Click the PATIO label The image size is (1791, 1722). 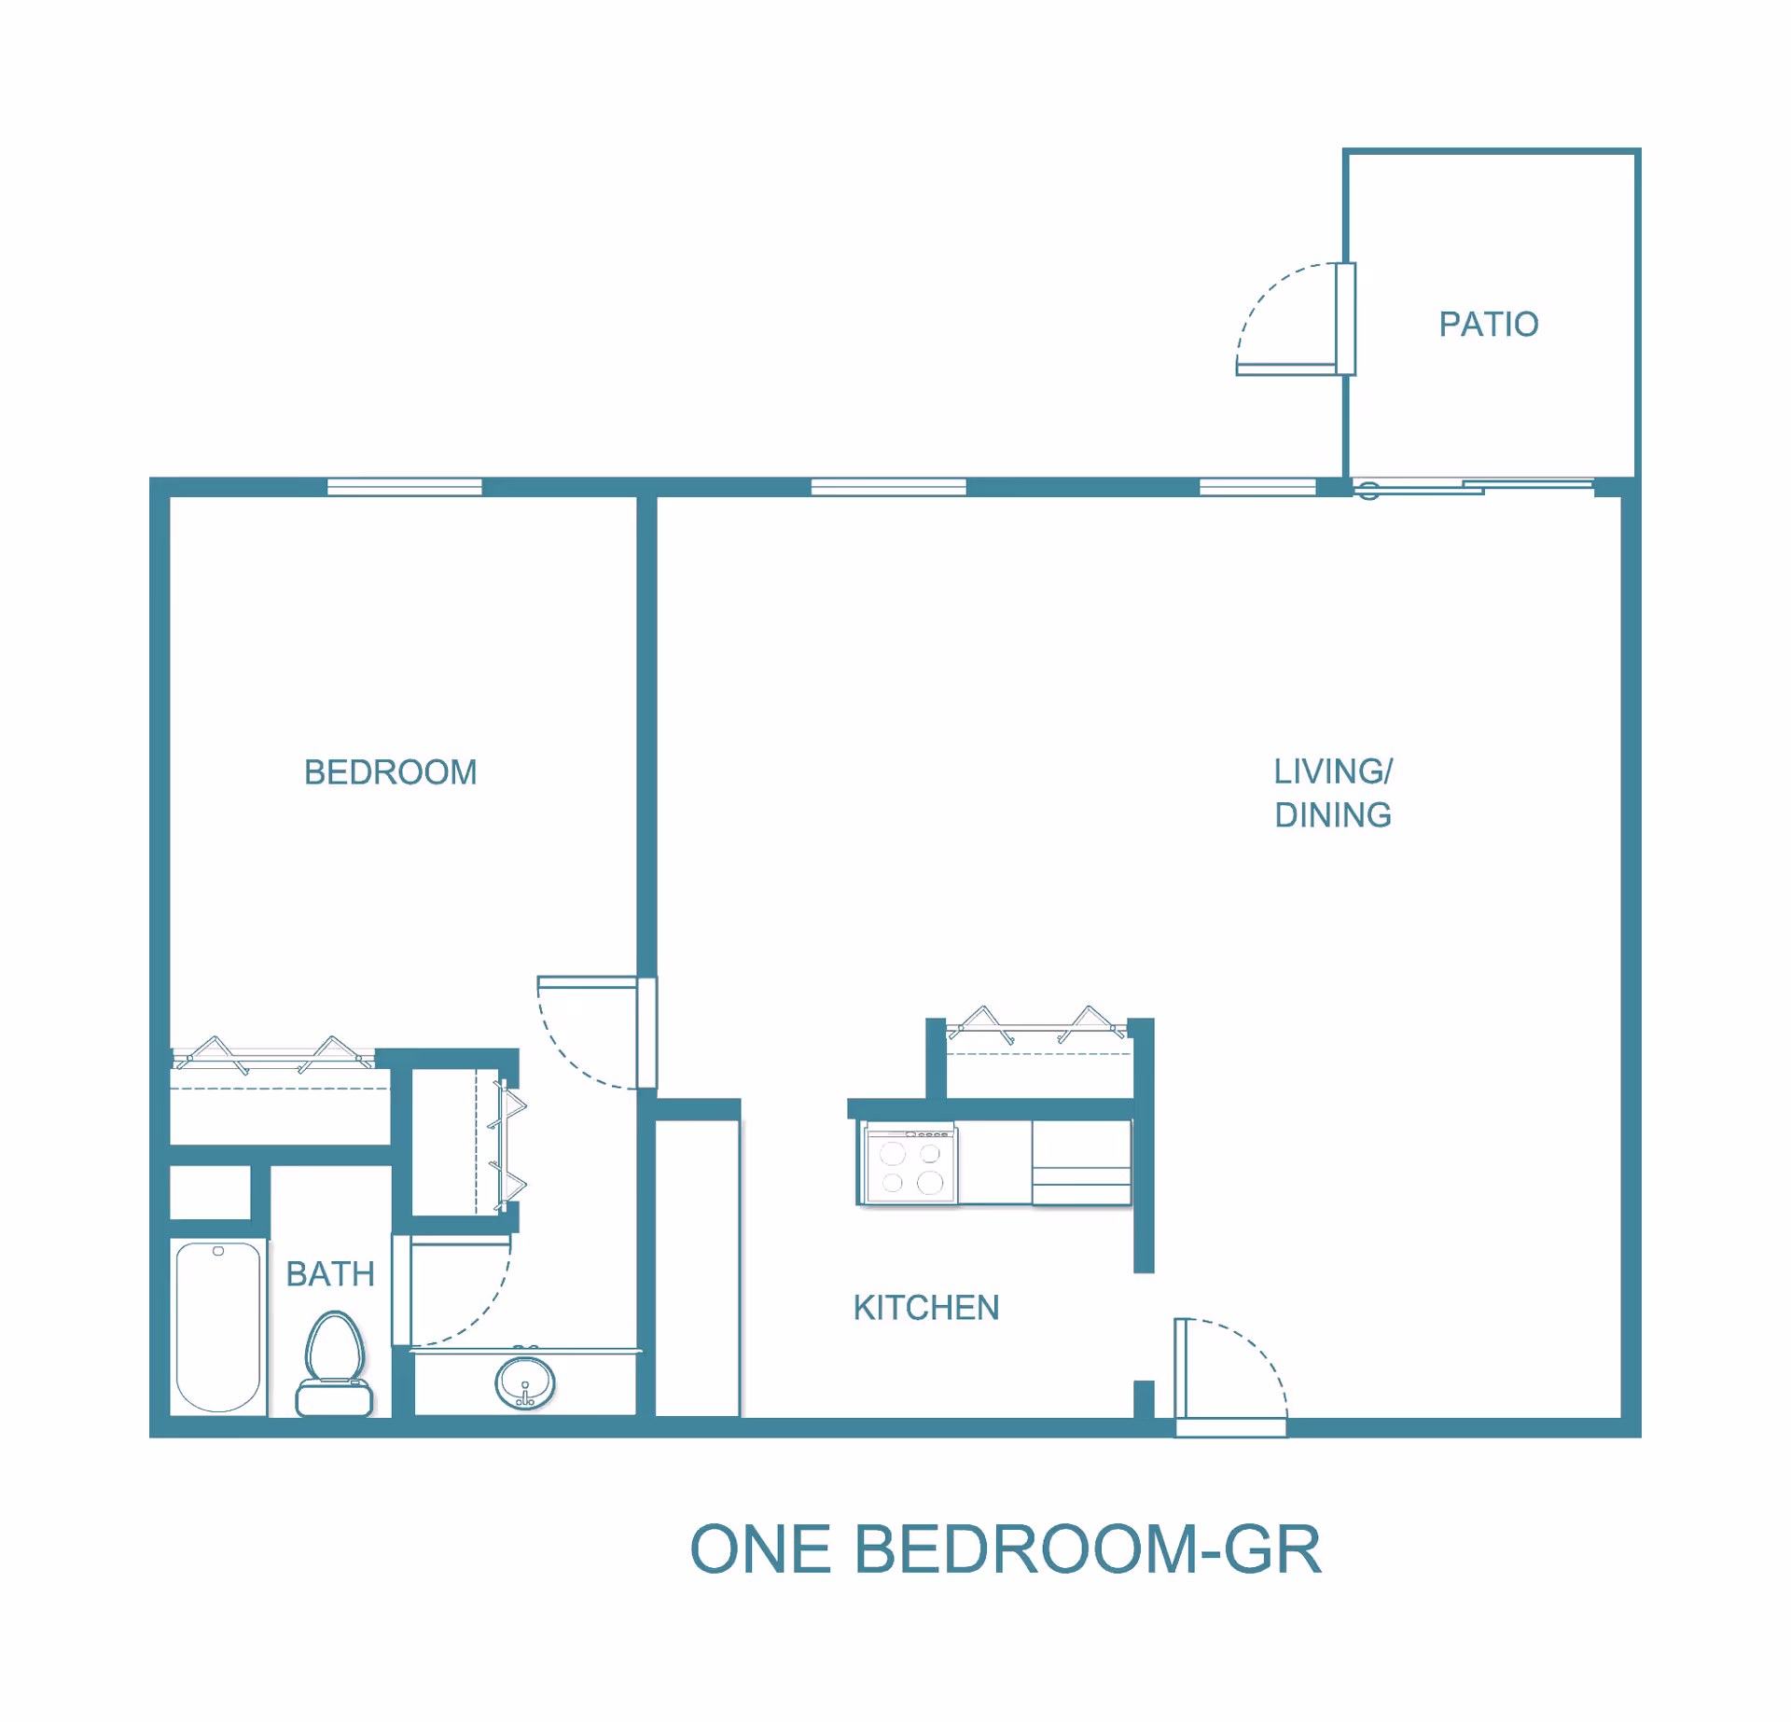1488,324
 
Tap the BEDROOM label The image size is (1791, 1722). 390,772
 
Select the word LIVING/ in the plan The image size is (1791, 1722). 1333,771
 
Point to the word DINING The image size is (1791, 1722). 1333,815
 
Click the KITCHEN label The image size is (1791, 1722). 926,1308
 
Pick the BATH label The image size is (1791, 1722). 330,1274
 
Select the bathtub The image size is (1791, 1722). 218,1326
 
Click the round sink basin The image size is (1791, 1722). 525,1382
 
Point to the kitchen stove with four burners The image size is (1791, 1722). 909,1167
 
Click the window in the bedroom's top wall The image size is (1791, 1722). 404,486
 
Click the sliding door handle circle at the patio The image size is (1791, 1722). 1368,491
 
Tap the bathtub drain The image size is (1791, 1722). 218,1252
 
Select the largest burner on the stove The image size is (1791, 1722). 930,1184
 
